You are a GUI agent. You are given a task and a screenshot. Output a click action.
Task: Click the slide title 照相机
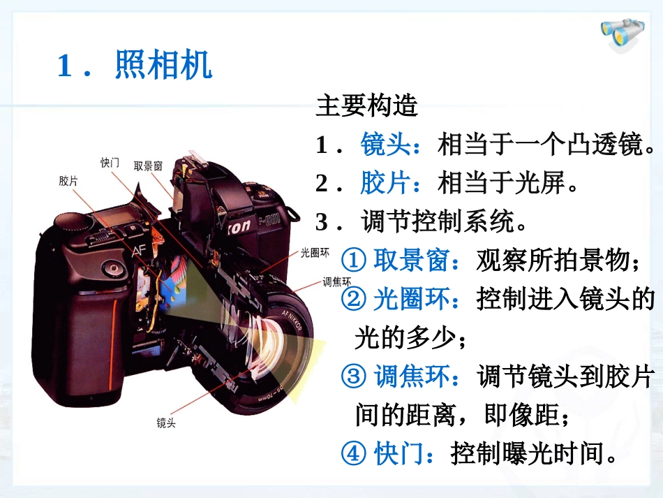coord(163,66)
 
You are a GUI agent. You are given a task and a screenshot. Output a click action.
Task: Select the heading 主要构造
coord(366,107)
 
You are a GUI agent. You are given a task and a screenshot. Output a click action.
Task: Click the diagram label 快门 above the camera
coord(110,163)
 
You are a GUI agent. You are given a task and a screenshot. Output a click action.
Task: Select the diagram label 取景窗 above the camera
coord(148,166)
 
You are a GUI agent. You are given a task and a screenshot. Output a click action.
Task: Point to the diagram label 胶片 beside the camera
coord(68,181)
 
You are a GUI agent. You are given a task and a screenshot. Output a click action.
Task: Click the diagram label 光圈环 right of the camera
coord(315,254)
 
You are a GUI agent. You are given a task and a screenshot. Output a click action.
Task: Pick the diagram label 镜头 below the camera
coord(166,423)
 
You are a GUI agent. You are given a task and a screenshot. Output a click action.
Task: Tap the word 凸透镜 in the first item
coord(607,145)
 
